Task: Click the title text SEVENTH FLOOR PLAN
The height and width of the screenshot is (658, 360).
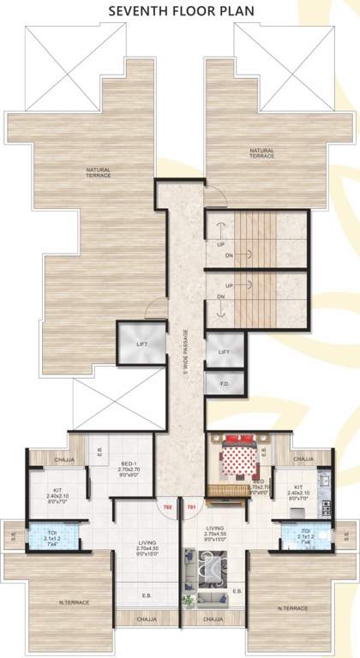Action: click(x=180, y=11)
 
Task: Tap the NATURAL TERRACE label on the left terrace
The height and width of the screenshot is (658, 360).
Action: click(x=98, y=172)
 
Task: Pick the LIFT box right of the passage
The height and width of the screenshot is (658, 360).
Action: click(x=224, y=352)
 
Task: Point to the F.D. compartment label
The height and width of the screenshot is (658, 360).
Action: click(x=224, y=385)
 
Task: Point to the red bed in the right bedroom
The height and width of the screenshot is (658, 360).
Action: click(x=239, y=464)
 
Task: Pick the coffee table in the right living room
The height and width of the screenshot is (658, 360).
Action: click(x=209, y=567)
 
